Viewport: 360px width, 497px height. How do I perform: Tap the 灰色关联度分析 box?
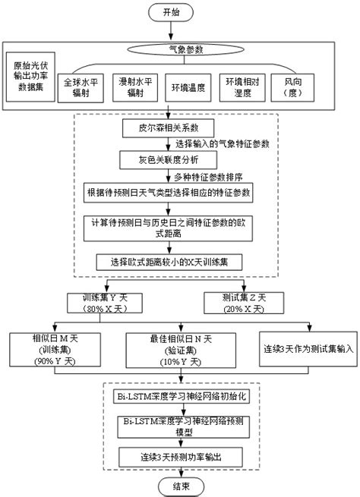169,160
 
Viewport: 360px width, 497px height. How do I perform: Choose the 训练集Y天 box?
106,303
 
